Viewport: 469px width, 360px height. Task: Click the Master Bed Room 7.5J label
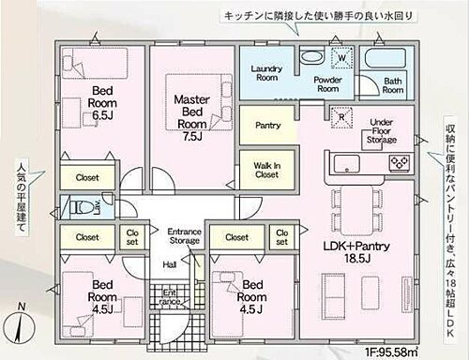[192, 111]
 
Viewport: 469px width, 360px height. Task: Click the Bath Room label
[392, 85]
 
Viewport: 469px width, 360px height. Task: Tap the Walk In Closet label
[267, 170]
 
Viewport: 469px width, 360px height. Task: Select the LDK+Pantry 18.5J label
[357, 250]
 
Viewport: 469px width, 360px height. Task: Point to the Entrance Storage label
[184, 236]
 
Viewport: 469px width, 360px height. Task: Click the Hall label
[171, 265]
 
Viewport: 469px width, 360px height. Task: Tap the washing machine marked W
[342, 57]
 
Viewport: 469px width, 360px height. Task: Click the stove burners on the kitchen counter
[399, 162]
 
